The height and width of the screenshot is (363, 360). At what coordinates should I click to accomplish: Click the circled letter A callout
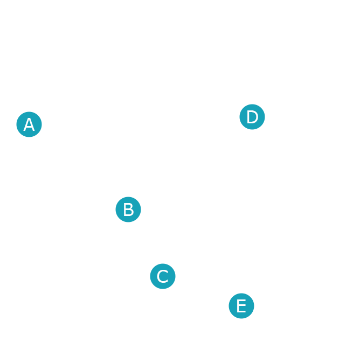29,124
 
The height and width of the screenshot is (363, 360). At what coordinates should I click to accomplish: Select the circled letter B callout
128,209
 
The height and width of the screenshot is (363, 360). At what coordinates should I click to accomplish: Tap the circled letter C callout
162,276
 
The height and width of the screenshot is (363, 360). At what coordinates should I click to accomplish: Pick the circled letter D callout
252,117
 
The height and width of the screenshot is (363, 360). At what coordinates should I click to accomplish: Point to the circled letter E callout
241,306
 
